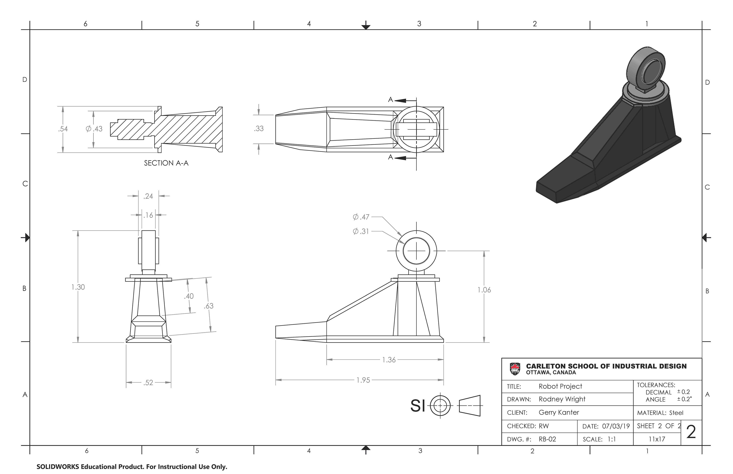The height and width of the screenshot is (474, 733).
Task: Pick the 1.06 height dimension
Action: tap(484, 290)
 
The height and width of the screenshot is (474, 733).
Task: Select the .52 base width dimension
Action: tap(148, 383)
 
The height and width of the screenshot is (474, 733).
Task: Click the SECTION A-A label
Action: tap(166, 163)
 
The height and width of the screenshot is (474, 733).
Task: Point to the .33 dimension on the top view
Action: tap(259, 129)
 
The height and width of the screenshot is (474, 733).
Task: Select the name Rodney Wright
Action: tap(562, 399)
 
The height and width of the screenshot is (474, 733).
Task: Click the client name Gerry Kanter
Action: tap(559, 412)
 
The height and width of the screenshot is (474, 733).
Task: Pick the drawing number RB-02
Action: tap(547, 439)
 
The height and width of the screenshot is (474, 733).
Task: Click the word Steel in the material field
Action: tap(676, 413)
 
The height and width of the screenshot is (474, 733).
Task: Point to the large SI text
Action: tap(418, 406)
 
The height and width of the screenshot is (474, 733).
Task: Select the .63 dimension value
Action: tap(208, 306)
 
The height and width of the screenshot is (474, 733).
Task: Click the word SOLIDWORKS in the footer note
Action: tap(58, 467)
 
